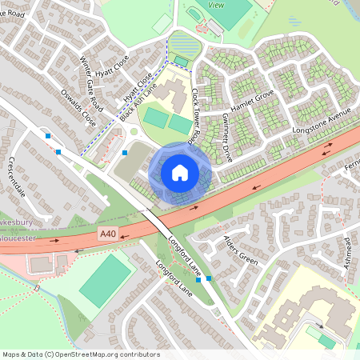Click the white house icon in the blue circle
[180, 172]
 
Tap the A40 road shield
[109, 233]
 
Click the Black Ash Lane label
[136, 104]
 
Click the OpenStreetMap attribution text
[80, 354]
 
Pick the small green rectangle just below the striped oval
[182, 62]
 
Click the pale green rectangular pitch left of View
[162, 22]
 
